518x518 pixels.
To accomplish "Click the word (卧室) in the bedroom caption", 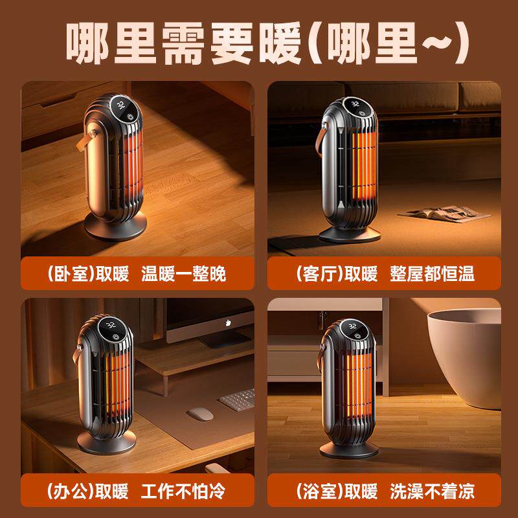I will pos(70,273).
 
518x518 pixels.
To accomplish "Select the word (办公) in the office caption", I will pos(70,490).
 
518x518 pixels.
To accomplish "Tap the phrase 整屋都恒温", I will pos(432,273).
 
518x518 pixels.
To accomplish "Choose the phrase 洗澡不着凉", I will pos(432,490).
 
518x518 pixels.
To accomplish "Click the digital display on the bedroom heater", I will pos(120,103).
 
